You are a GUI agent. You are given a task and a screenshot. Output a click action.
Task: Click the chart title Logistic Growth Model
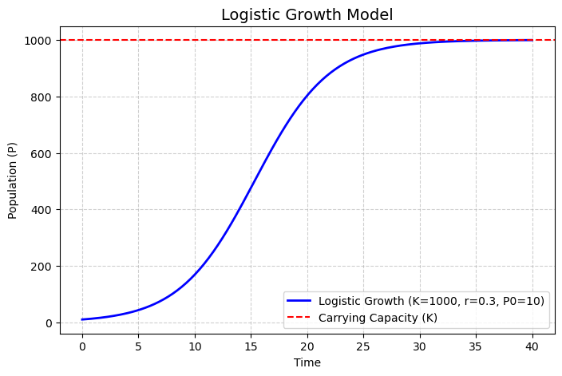307,14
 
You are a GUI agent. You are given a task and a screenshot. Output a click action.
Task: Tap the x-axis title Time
307,362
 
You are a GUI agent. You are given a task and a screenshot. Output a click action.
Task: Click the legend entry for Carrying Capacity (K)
378,318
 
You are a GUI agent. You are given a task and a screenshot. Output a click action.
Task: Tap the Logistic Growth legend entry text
430,301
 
